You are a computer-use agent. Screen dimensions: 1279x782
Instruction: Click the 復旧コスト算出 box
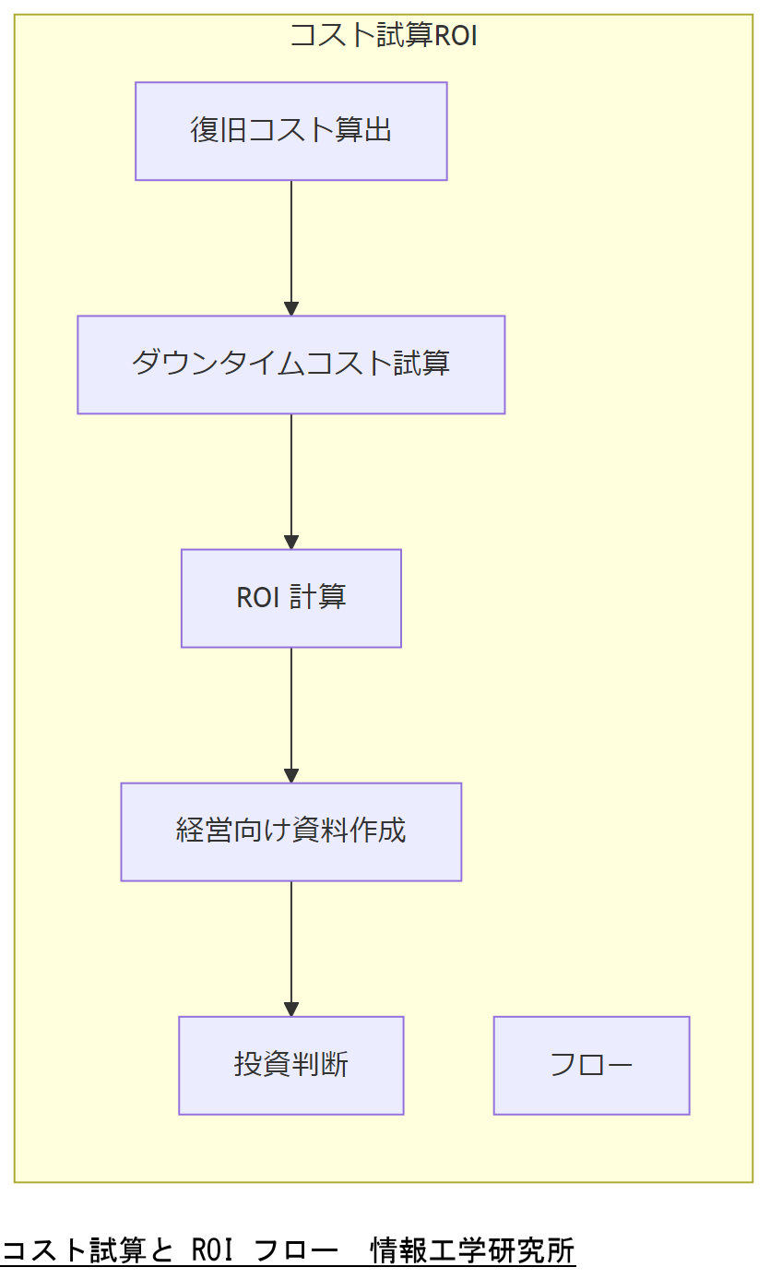(x=290, y=131)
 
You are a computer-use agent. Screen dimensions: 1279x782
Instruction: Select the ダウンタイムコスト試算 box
(x=290, y=365)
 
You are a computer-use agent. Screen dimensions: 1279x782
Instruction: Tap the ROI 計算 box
(x=290, y=598)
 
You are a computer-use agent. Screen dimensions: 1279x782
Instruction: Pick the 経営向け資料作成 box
(x=290, y=831)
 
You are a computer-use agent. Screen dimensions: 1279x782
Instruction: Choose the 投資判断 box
(x=290, y=1065)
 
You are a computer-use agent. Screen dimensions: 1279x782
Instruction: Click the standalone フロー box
(x=591, y=1065)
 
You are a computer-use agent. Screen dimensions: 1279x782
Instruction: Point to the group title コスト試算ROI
(x=384, y=36)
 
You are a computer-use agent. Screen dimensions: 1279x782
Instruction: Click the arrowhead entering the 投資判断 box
(x=291, y=1009)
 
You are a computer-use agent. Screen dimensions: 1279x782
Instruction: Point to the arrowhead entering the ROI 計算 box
(x=291, y=542)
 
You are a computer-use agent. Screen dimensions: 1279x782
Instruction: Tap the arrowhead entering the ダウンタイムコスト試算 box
(x=291, y=308)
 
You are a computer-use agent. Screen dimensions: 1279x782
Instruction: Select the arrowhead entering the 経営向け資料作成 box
(x=291, y=775)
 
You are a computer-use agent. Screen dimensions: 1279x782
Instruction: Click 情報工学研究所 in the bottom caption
(x=472, y=1251)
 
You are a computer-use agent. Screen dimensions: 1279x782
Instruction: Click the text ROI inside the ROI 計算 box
(x=257, y=598)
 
